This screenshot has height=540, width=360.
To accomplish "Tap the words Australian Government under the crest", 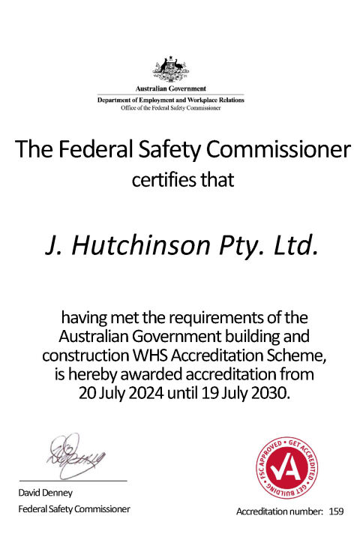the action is point(171,89).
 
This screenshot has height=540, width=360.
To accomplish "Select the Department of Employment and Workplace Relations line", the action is point(171,100).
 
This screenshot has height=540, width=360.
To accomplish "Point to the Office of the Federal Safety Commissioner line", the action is point(171,108).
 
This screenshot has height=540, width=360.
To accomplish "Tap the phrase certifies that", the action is point(183,180).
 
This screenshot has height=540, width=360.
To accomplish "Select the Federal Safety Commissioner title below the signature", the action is point(73,509).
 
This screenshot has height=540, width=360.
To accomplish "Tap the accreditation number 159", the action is point(335,511).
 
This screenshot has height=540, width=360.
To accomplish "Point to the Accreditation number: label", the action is point(280,511).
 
